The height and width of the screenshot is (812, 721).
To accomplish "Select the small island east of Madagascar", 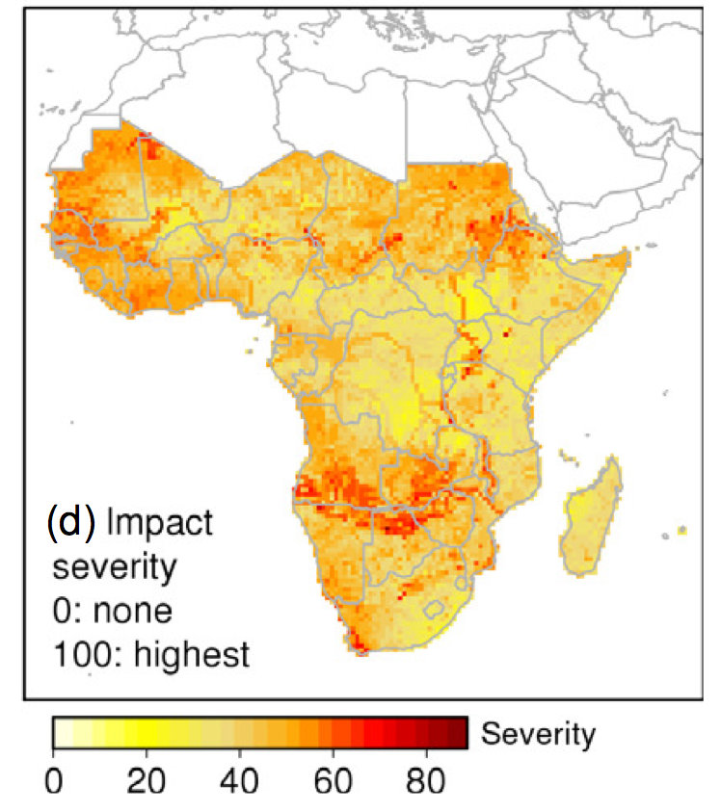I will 682,530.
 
